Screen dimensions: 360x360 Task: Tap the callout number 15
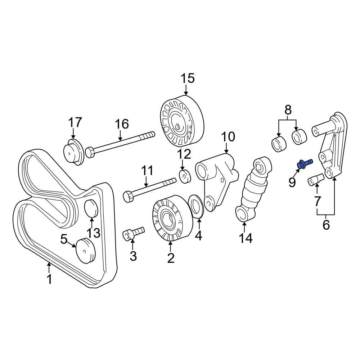click(187, 78)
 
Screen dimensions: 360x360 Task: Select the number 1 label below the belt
click(49, 279)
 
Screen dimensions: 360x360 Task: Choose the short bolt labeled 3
click(134, 233)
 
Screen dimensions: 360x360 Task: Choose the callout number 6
click(326, 225)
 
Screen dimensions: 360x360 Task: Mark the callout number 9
click(292, 183)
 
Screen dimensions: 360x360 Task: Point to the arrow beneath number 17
click(73, 135)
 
